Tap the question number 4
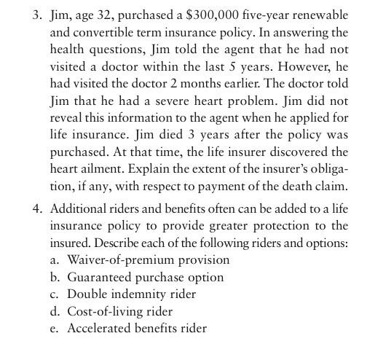35,210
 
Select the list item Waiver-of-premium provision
149,259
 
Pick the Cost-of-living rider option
119,310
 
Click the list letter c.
55,294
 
